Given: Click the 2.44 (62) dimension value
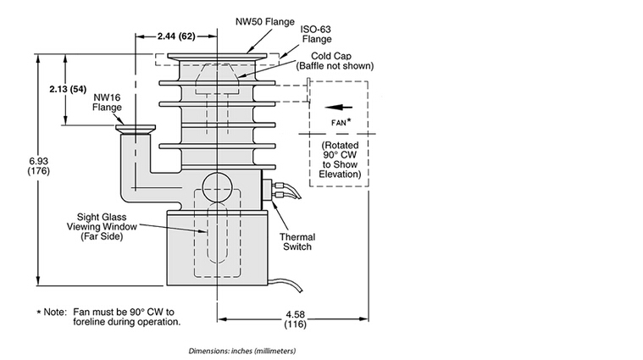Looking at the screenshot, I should (x=176, y=36).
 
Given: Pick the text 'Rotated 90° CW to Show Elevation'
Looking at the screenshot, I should (x=336, y=159).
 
